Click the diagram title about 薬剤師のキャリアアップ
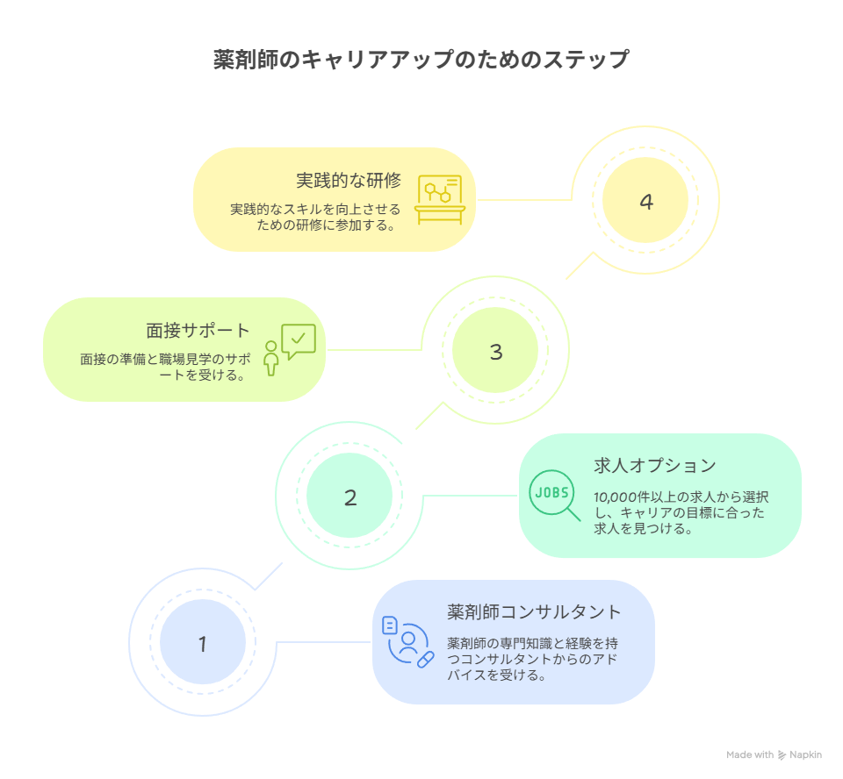[421, 59]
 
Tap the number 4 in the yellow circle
[646, 202]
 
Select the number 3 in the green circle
[495, 352]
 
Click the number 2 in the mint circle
[350, 497]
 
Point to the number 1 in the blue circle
[203, 644]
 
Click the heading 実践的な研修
[349, 180]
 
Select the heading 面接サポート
[198, 331]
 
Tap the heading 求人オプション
[655, 465]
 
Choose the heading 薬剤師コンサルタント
[534, 612]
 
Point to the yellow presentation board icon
[440, 199]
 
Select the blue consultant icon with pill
[407, 642]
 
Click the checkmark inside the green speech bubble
[299, 338]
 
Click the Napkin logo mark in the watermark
[782, 755]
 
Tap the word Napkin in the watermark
[805, 754]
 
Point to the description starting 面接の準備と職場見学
[165, 367]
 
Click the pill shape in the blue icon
[425, 660]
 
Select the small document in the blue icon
[390, 625]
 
